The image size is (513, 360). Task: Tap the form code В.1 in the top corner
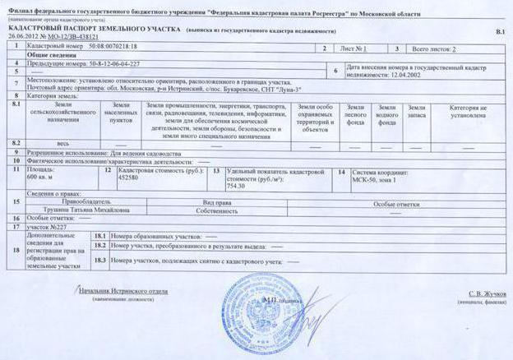pyautogui.click(x=500, y=30)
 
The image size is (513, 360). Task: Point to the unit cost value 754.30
pyautogui.click(x=236, y=185)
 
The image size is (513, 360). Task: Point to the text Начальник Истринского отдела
pyautogui.click(x=122, y=291)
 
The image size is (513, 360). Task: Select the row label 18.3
pyautogui.click(x=99, y=261)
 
